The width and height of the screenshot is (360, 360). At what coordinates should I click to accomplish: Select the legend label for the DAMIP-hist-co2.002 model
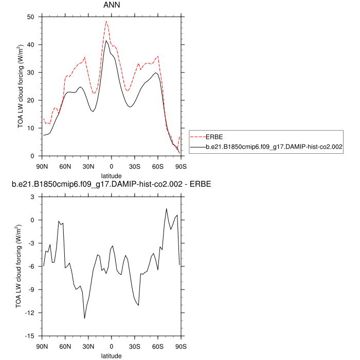274,147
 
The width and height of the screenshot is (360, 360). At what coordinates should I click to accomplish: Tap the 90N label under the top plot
42,166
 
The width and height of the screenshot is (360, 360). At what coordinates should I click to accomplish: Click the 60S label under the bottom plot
157,346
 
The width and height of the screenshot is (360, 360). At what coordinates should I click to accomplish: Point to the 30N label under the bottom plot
88,346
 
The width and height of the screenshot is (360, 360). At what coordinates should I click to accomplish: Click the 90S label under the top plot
181,166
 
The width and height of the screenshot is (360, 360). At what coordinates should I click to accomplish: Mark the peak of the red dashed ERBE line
106,21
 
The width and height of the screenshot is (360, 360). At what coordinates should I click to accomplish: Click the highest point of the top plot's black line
106,41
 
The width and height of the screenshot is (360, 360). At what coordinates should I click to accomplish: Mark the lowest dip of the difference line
85,318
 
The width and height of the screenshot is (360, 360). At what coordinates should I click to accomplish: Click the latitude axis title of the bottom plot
111,355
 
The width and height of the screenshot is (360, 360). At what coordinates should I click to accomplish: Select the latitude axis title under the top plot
111,175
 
